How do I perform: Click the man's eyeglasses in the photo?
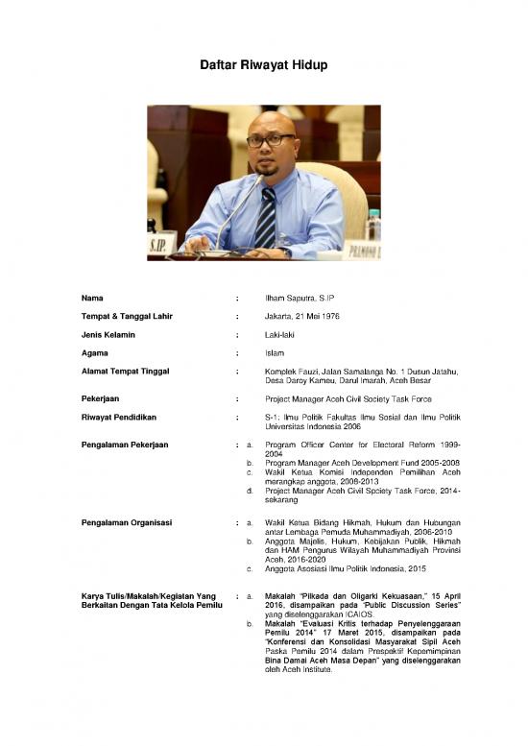(x=270, y=140)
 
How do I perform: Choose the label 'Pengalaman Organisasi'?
(x=127, y=522)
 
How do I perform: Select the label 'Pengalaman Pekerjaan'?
(x=126, y=445)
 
